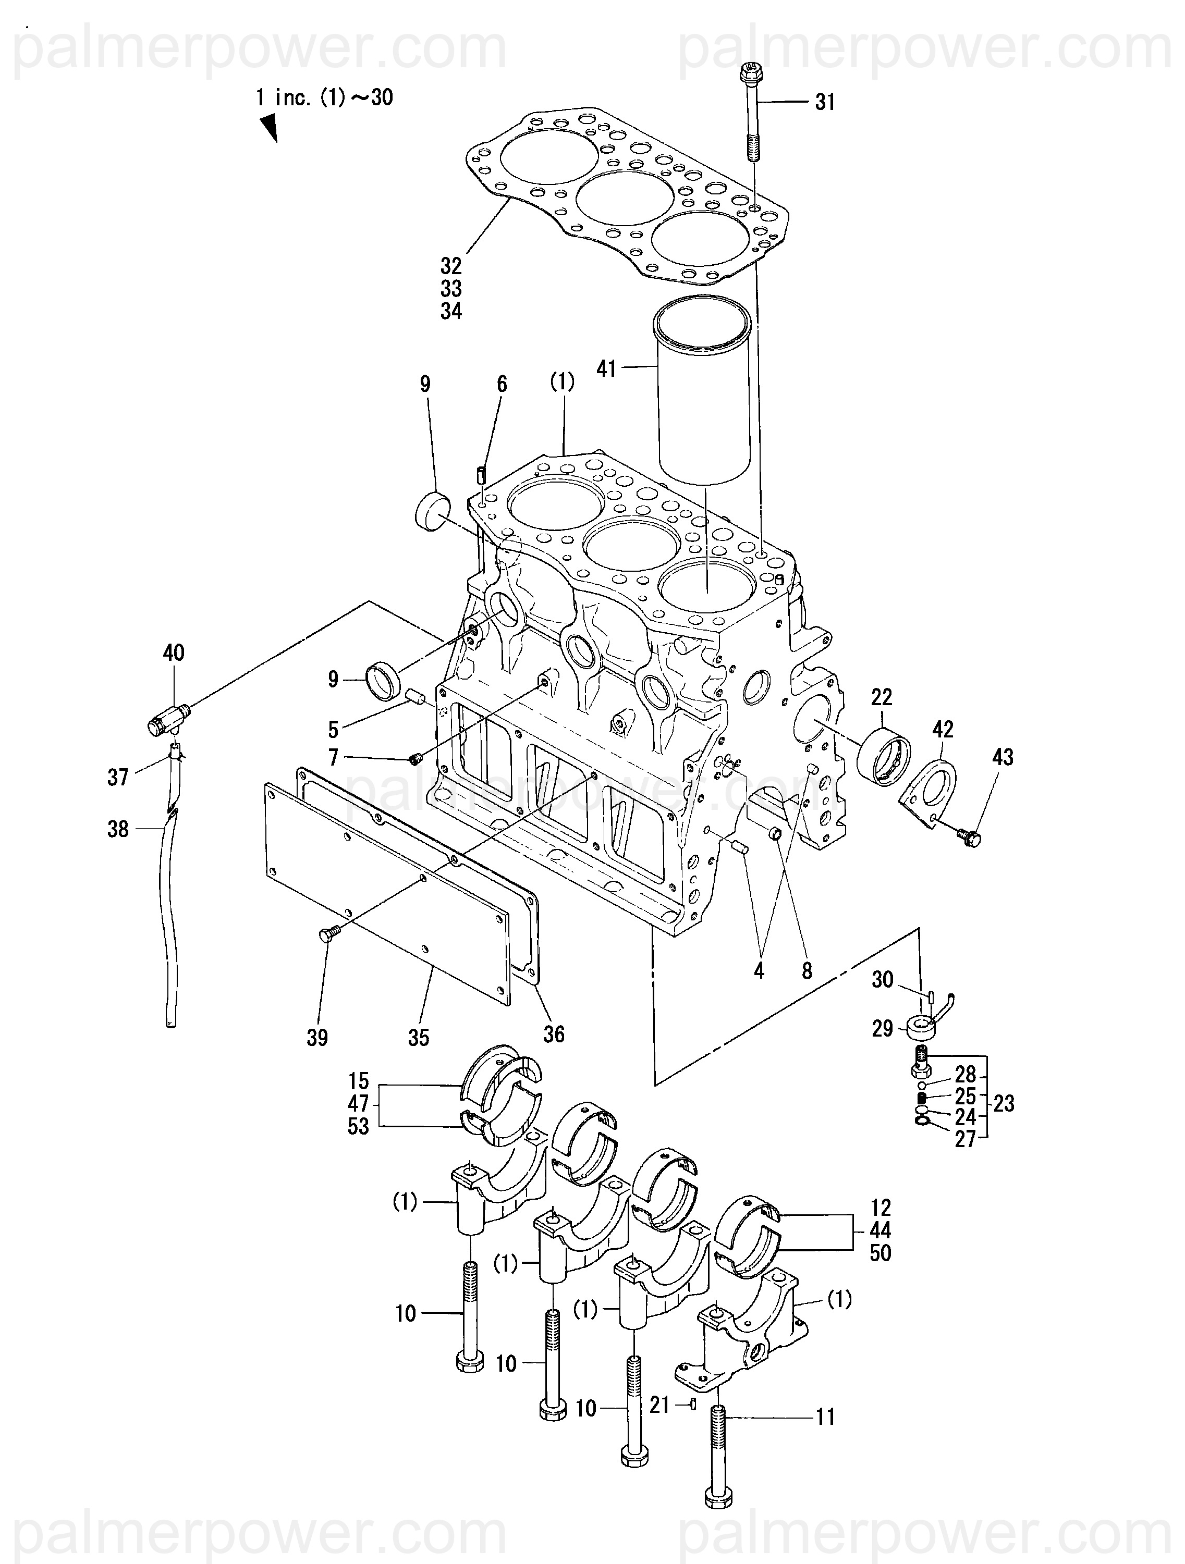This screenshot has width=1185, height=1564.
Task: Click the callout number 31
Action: pyautogui.click(x=825, y=103)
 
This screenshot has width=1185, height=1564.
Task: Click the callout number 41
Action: pyautogui.click(x=606, y=368)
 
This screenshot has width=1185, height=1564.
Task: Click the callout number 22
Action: pyautogui.click(x=882, y=697)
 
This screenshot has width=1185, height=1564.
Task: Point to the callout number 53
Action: pyautogui.click(x=358, y=1126)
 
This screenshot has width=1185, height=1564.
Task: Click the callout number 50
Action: pyautogui.click(x=880, y=1253)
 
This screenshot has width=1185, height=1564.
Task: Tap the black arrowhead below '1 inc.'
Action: pyautogui.click(x=268, y=129)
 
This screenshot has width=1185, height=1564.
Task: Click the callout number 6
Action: pyautogui.click(x=502, y=384)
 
